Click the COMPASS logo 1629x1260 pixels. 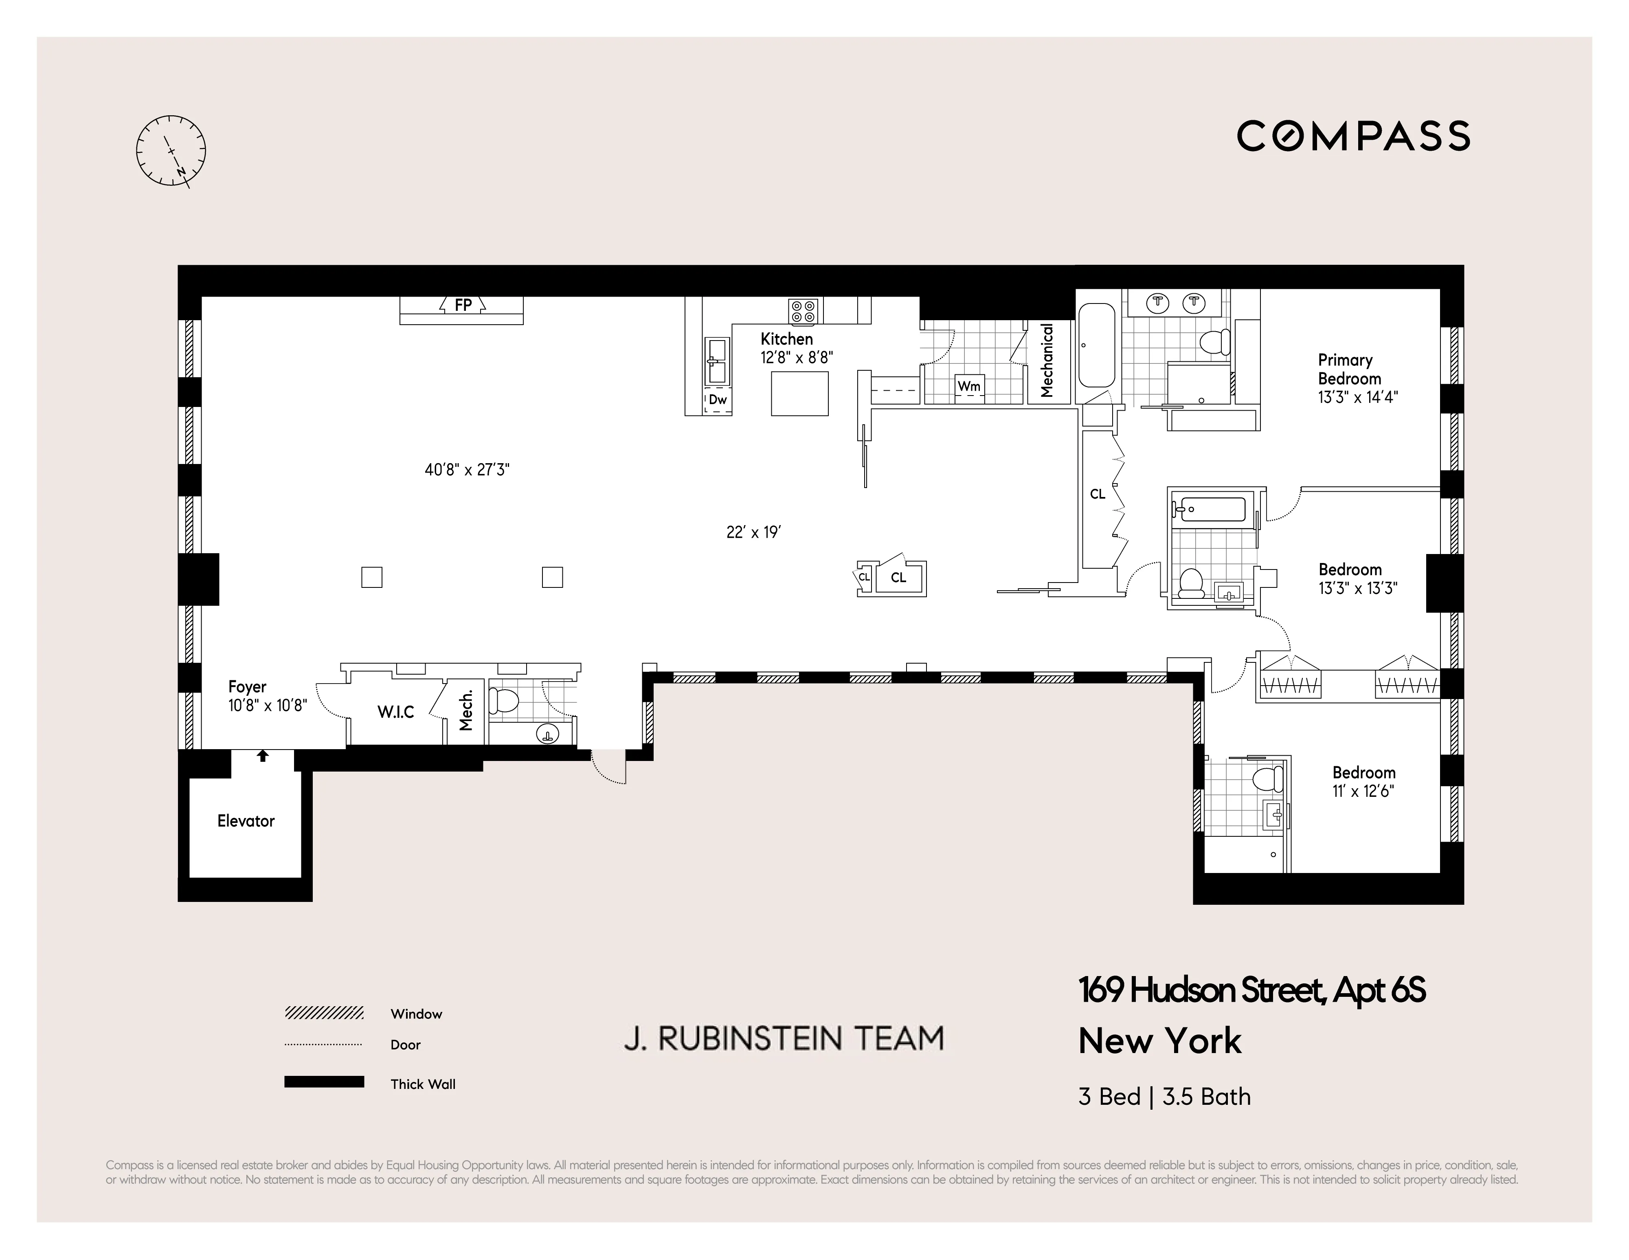coord(1353,136)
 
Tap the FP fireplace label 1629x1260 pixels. coord(463,305)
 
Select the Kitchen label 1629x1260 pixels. coord(786,339)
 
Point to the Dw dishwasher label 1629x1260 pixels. coord(718,400)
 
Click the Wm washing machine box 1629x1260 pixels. coord(969,387)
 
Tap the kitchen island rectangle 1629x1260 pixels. coord(799,393)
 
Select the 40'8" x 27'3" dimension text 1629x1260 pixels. coord(467,470)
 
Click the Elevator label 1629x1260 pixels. coord(246,821)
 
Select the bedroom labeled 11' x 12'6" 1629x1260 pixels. coord(1363,781)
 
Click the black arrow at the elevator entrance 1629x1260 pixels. coord(263,756)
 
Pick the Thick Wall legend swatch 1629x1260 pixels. coord(324,1082)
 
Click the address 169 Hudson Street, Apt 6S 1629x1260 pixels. coord(1251,991)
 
